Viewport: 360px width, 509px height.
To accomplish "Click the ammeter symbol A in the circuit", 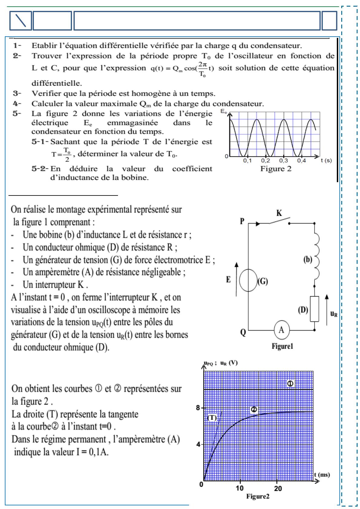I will click(281, 330).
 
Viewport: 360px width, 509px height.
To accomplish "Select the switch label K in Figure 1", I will click(279, 213).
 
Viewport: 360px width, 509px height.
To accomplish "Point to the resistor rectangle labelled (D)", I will click(314, 309).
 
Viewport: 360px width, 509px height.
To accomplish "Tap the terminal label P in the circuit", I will click(242, 221).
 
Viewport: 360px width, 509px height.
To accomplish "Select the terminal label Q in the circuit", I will click(243, 333).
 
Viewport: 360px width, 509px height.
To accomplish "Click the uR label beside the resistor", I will click(334, 314).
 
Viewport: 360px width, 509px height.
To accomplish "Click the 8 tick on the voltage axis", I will click(198, 408).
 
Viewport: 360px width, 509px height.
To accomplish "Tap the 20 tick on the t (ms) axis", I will click(278, 488).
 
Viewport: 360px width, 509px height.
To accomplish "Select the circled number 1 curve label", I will click(290, 384).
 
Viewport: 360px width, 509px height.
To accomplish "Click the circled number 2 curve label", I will click(254, 409).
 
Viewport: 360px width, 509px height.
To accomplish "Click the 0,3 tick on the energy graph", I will click(283, 161).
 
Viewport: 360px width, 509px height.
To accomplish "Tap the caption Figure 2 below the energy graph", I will click(276, 169).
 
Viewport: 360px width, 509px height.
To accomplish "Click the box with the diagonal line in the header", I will click(21, 21).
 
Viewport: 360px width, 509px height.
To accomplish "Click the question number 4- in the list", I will click(17, 104).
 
